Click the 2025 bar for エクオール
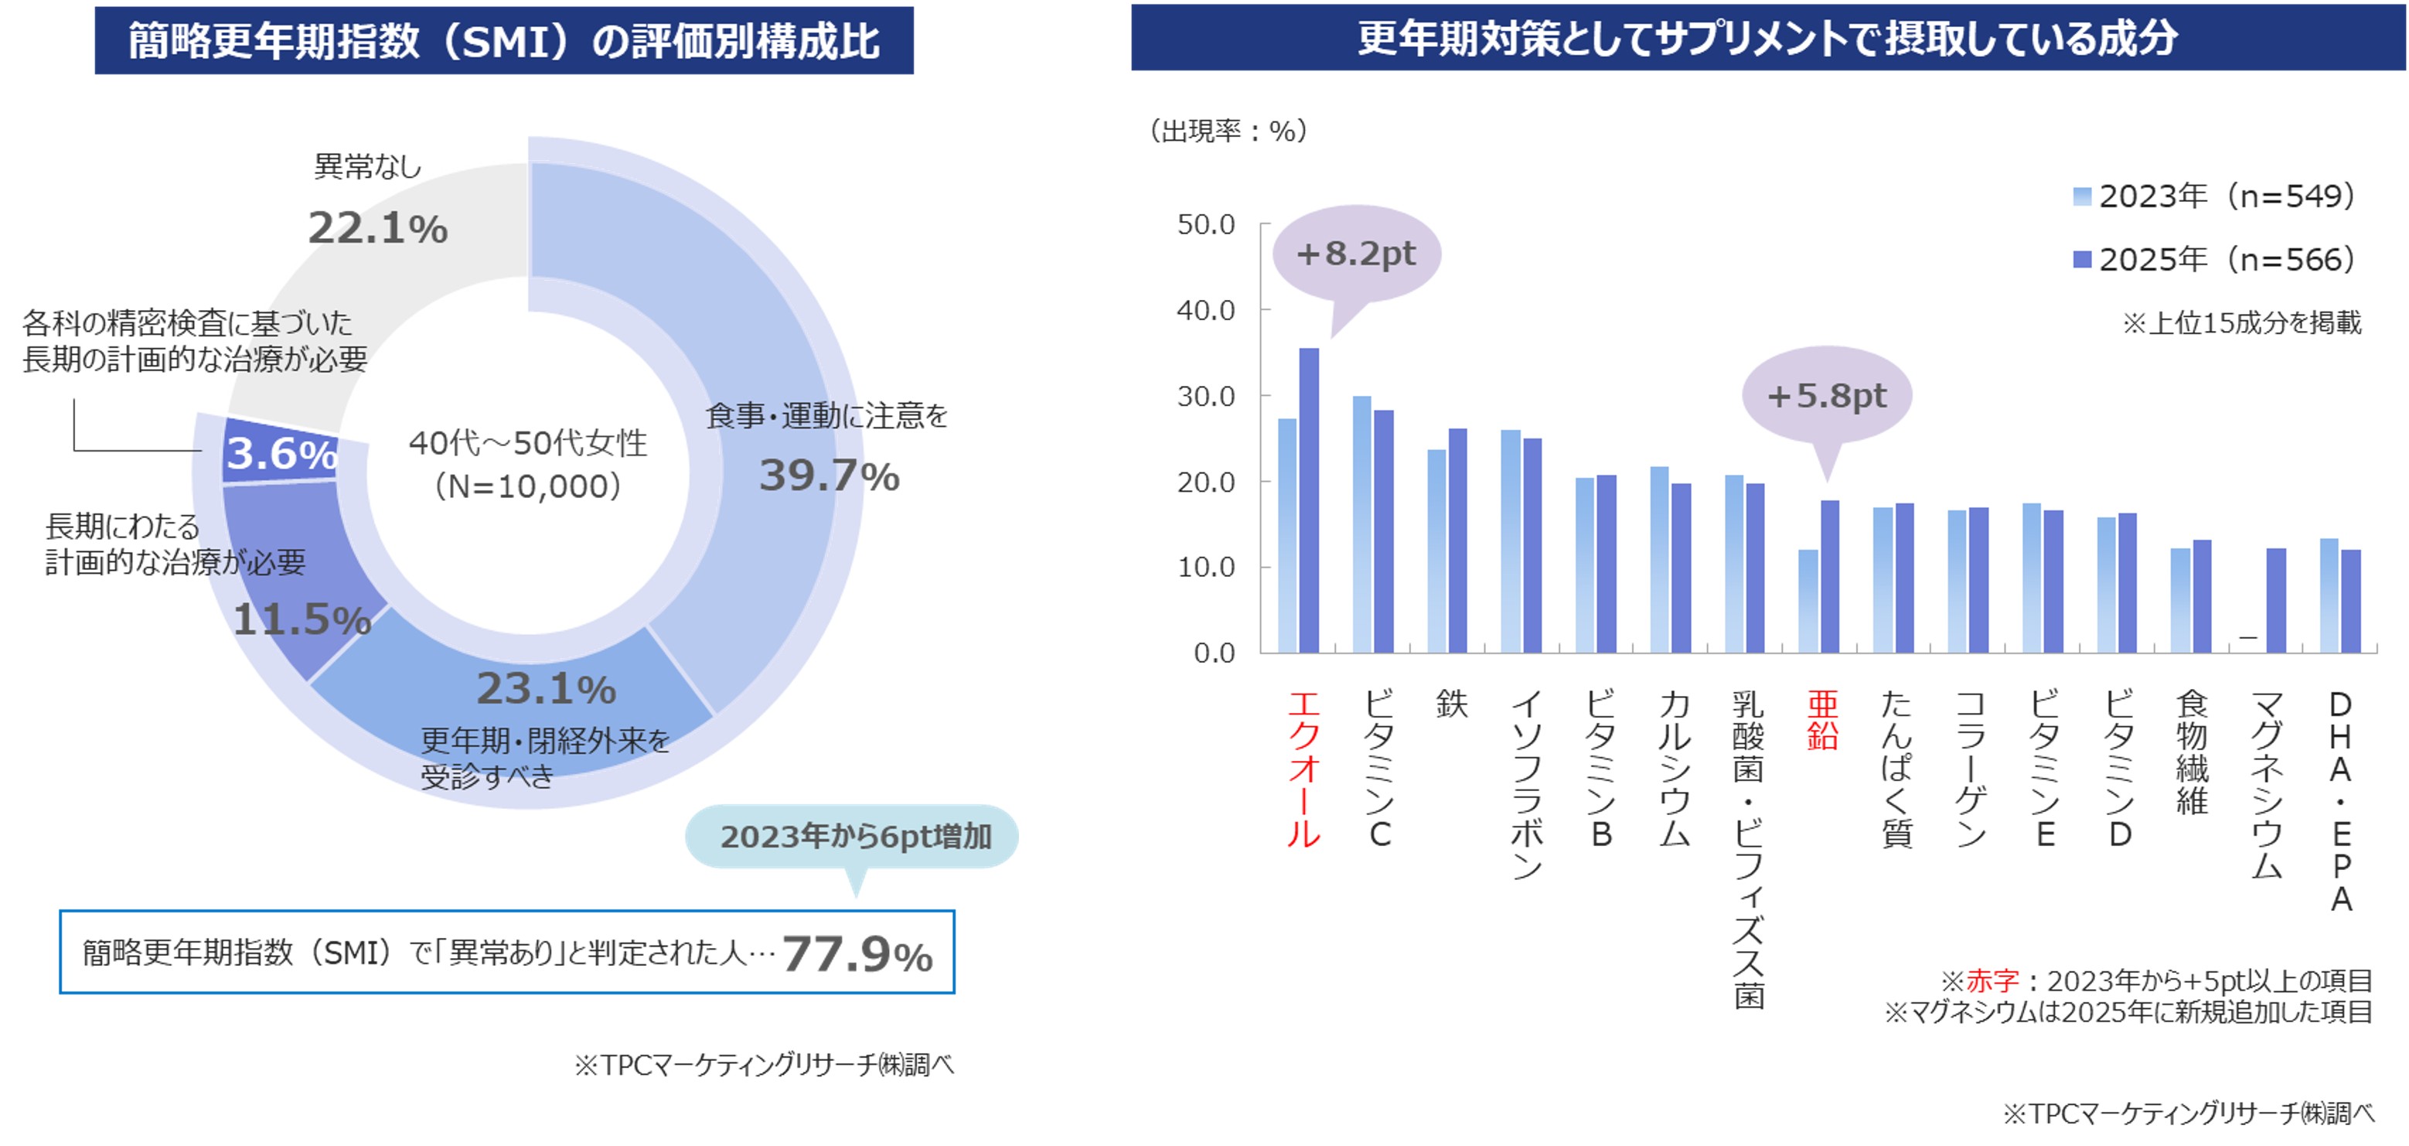pyautogui.click(x=1309, y=500)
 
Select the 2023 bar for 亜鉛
pyautogui.click(x=1808, y=601)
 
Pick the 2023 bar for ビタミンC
pyautogui.click(x=1361, y=524)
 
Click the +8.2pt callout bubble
pyautogui.click(x=1357, y=254)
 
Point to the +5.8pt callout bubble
pyautogui.click(x=1826, y=396)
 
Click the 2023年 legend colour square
pyautogui.click(x=2082, y=196)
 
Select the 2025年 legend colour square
pyautogui.click(x=2082, y=259)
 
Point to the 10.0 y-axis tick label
pyautogui.click(x=1205, y=567)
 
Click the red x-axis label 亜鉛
pyautogui.click(x=1823, y=721)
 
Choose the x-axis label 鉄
pyautogui.click(x=1451, y=704)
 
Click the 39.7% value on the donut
pyautogui.click(x=829, y=476)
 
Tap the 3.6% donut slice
pyautogui.click(x=281, y=454)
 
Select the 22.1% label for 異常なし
pyautogui.click(x=378, y=227)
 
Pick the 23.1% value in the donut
pyautogui.click(x=546, y=688)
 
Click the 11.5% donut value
pyautogui.click(x=302, y=619)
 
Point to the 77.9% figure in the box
pyautogui.click(x=857, y=954)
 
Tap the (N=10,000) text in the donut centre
pyautogui.click(x=528, y=486)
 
